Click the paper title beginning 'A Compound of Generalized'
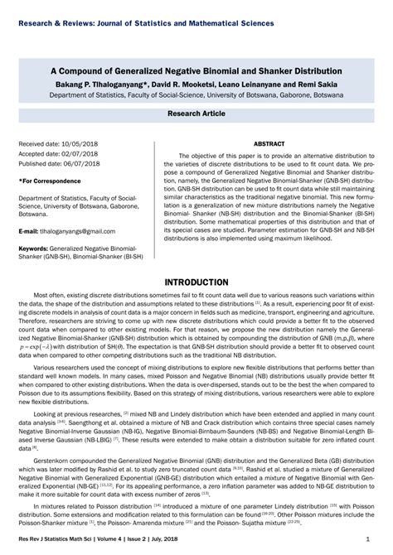click(196, 72)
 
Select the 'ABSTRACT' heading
click(269, 143)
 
